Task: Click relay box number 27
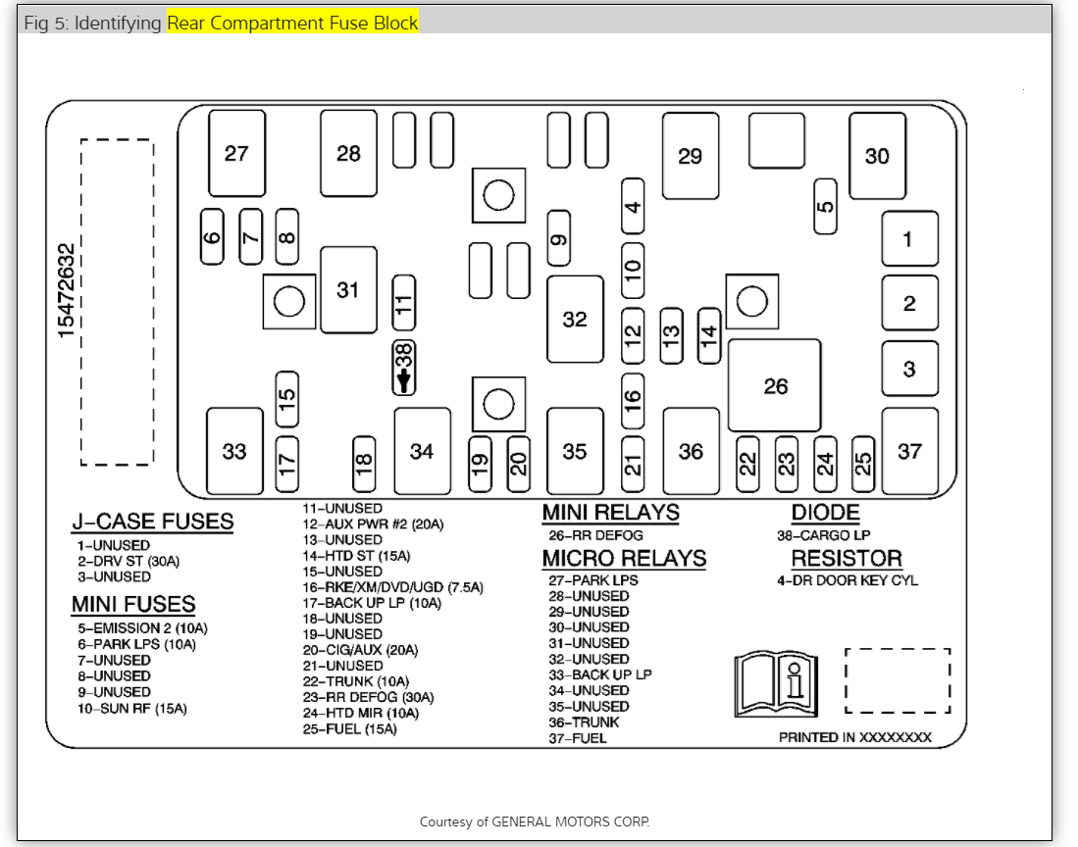coord(236,153)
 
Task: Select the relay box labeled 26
coord(775,385)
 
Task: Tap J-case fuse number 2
coord(909,303)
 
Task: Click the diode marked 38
coord(403,368)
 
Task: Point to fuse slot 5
coord(826,207)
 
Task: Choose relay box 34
coord(422,451)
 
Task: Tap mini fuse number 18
coord(364,465)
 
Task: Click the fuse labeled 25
coord(863,464)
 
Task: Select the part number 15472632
coord(67,291)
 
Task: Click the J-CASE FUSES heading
coord(152,522)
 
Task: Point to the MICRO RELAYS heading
coord(624,558)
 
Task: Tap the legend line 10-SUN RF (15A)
coord(132,708)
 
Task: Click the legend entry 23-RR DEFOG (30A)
coord(368,697)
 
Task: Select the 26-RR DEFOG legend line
coord(595,535)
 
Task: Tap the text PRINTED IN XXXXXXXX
coord(854,737)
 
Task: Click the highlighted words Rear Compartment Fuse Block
coord(292,23)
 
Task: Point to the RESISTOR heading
coord(847,559)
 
